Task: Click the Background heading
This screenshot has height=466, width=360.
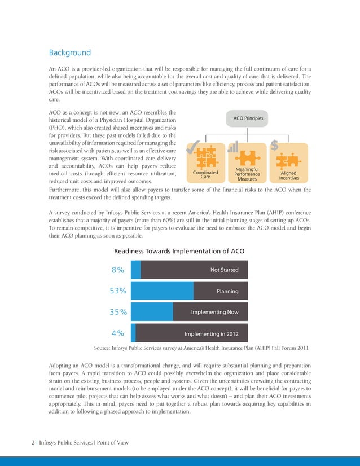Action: pos(70,53)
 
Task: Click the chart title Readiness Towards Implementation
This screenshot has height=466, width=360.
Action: pos(179,251)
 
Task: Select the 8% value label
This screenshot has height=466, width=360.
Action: pos(118,270)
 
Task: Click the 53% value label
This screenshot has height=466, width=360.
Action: pos(117,291)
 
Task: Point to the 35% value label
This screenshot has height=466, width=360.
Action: pos(117,312)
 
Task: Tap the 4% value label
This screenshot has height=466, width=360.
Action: pos(118,333)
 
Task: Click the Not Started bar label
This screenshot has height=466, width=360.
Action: pos(224,270)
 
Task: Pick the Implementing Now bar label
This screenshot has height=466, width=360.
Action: pos(214,312)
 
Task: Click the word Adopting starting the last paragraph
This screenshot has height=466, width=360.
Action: pos(64,365)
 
